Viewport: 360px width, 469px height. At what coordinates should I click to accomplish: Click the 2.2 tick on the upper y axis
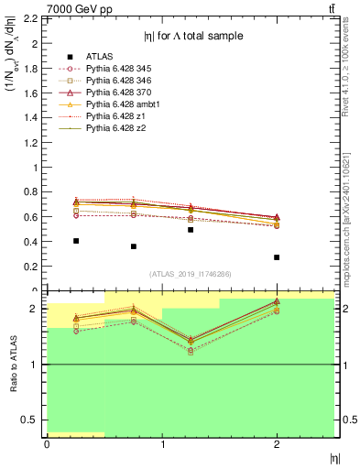pyautogui.click(x=33, y=19)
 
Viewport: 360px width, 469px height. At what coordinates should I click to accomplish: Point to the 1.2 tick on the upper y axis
pyautogui.click(x=33, y=142)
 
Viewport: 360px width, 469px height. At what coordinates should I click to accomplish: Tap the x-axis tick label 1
pyautogui.click(x=162, y=445)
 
